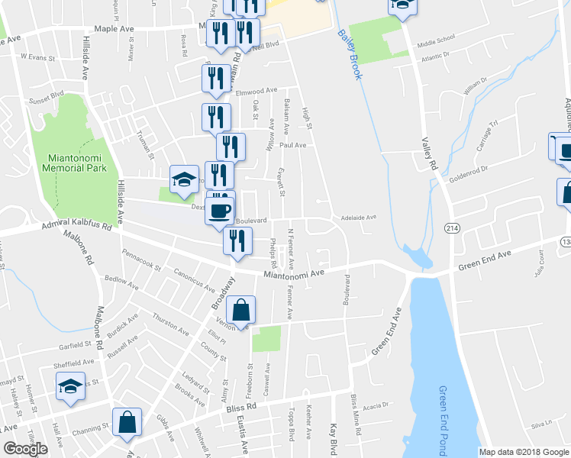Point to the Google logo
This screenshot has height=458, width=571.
click(x=26, y=449)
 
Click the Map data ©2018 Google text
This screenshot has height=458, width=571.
click(x=524, y=452)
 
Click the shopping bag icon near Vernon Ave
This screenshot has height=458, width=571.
click(x=240, y=311)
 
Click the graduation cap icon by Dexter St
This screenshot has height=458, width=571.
click(x=183, y=180)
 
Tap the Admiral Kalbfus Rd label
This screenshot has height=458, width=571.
click(x=69, y=227)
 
